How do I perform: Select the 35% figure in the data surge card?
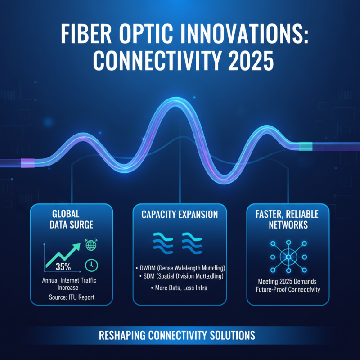click(63, 266)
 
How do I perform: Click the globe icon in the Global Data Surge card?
click(90, 246)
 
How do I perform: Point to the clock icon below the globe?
click(90, 265)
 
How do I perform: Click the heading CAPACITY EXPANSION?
click(180, 215)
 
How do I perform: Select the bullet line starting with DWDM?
click(180, 267)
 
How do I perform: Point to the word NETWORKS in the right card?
click(288, 225)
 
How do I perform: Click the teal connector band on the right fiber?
click(305, 146)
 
